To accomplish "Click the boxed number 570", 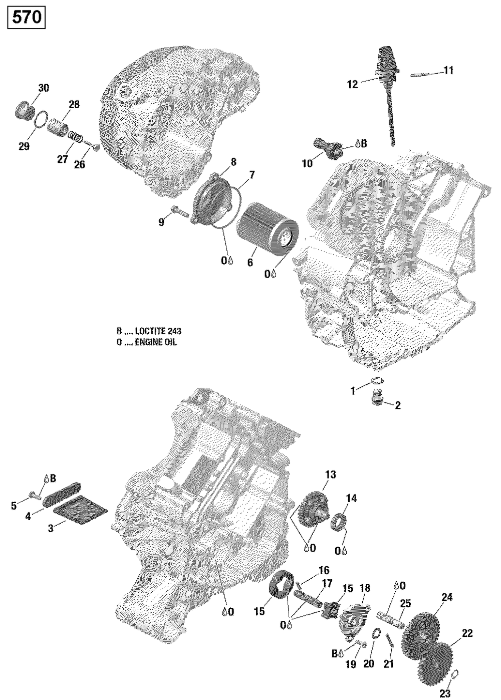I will [x=26, y=19].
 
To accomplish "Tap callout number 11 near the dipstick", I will [x=448, y=71].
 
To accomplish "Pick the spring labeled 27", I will [x=75, y=135].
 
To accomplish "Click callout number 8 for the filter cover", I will [x=233, y=162].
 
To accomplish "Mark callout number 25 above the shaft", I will [x=405, y=603].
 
